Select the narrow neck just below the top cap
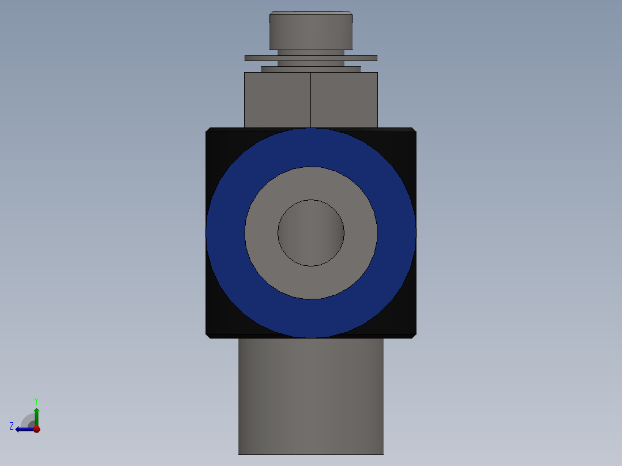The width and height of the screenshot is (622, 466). click(311, 52)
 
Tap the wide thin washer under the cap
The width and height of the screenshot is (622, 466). click(311, 58)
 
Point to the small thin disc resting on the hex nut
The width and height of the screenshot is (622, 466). click(311, 69)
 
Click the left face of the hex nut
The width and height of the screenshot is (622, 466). click(277, 99)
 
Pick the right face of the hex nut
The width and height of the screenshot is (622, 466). click(344, 99)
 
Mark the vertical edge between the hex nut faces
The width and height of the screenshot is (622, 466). click(311, 99)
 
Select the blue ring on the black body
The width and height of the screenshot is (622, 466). click(225, 233)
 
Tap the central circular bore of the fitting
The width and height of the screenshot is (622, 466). click(311, 233)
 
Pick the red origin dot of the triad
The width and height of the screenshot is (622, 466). click(36, 429)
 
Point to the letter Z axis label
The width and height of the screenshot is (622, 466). click(12, 426)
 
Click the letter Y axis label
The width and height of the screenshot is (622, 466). click(36, 400)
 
